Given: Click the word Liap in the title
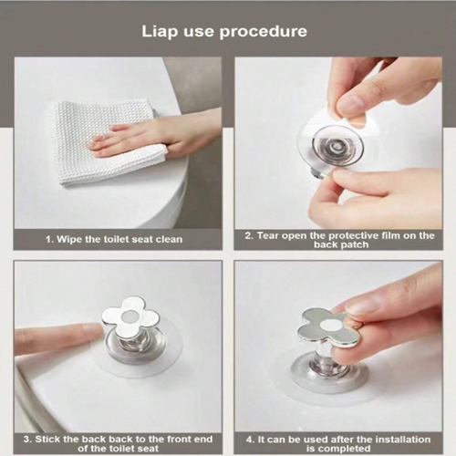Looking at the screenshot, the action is [160, 32].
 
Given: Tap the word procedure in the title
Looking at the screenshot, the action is [264, 32].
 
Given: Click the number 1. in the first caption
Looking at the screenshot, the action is [50, 240].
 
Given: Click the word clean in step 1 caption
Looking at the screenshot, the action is [170, 239].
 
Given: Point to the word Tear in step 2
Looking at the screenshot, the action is [268, 235].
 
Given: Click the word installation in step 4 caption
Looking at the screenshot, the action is [403, 440].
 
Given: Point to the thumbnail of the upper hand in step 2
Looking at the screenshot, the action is [350, 105].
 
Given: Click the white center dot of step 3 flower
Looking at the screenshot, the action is [129, 317].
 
